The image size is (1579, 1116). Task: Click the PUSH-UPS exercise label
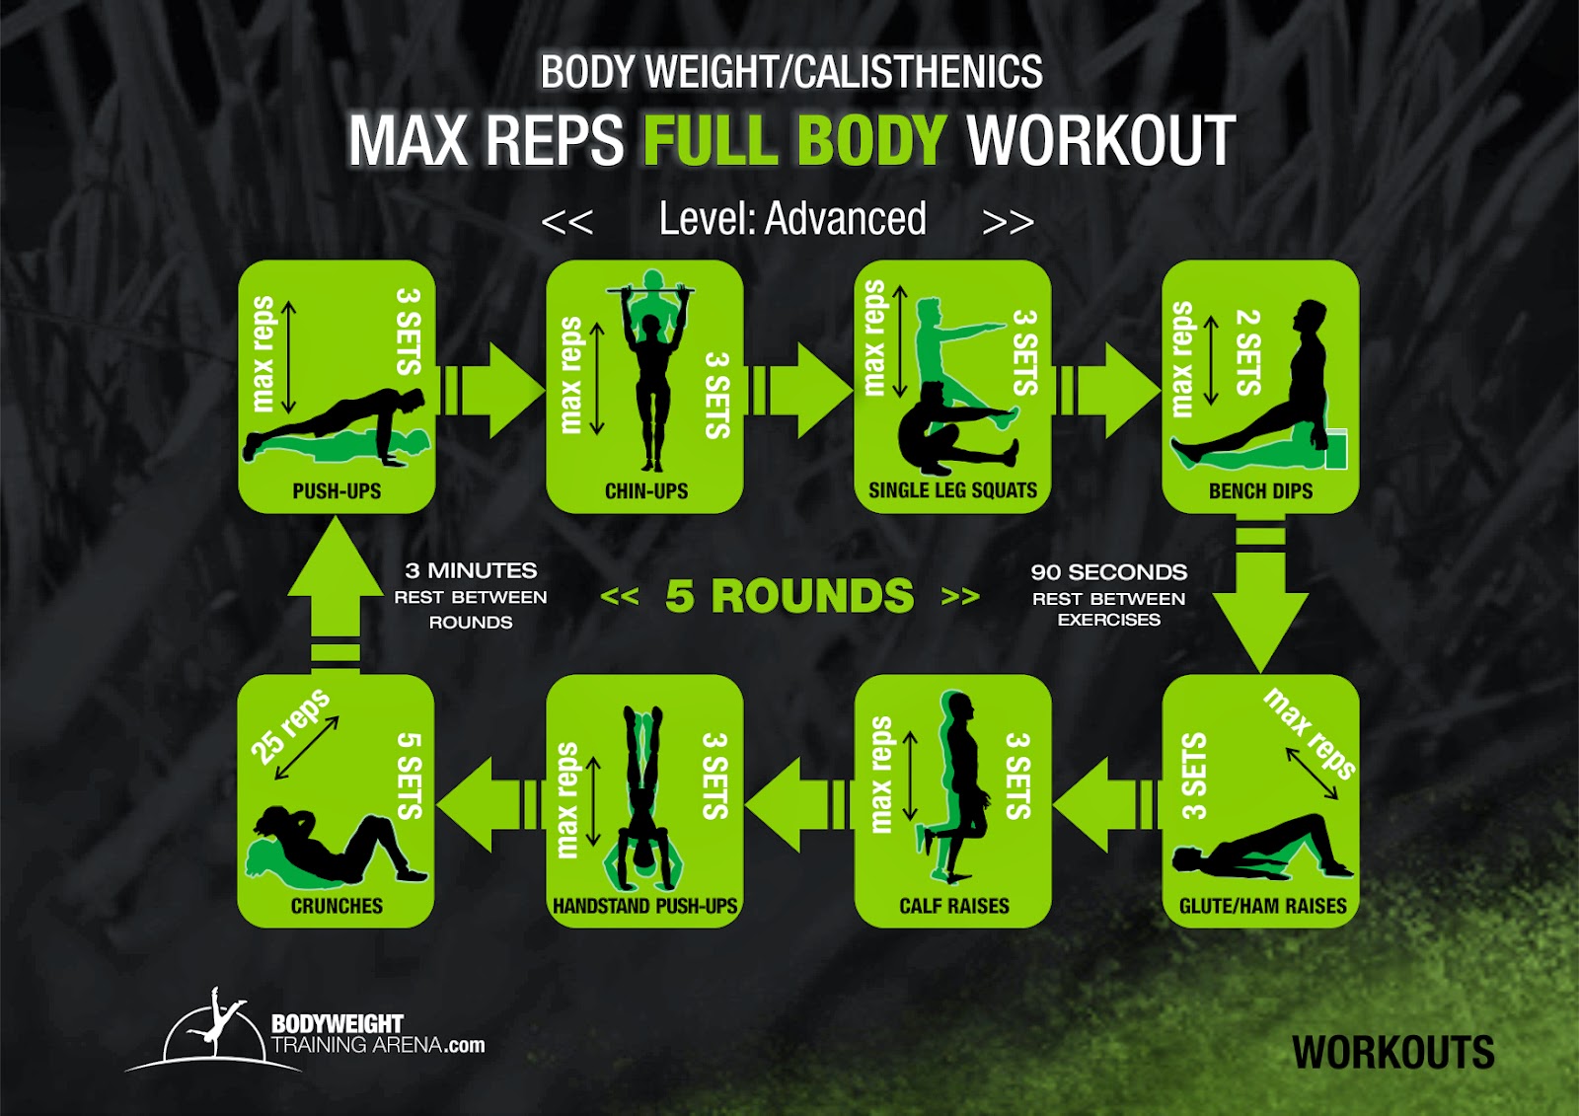pos(337,490)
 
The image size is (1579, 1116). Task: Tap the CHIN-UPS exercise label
pos(645,490)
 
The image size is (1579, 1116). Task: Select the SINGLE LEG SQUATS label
pos(952,490)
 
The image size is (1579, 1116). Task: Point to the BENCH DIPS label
pos(1260,490)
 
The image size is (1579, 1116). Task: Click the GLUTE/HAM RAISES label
pos(1262,905)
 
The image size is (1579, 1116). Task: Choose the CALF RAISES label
pos(953,905)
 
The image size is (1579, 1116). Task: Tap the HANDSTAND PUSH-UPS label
pos(645,905)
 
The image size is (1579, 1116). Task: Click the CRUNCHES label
pos(337,905)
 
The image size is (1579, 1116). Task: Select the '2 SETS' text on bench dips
pos(1248,352)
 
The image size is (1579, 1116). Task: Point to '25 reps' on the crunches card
pos(290,726)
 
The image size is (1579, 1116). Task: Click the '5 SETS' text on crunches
pos(410,776)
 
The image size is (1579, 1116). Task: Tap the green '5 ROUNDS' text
pos(789,596)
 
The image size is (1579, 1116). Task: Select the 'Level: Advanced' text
pos(792,218)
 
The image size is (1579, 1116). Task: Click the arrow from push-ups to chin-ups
pos(492,390)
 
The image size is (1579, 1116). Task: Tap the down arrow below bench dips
pos(1260,592)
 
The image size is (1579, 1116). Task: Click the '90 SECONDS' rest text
pos(1109,571)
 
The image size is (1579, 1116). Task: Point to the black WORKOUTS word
pos(1392,1053)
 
